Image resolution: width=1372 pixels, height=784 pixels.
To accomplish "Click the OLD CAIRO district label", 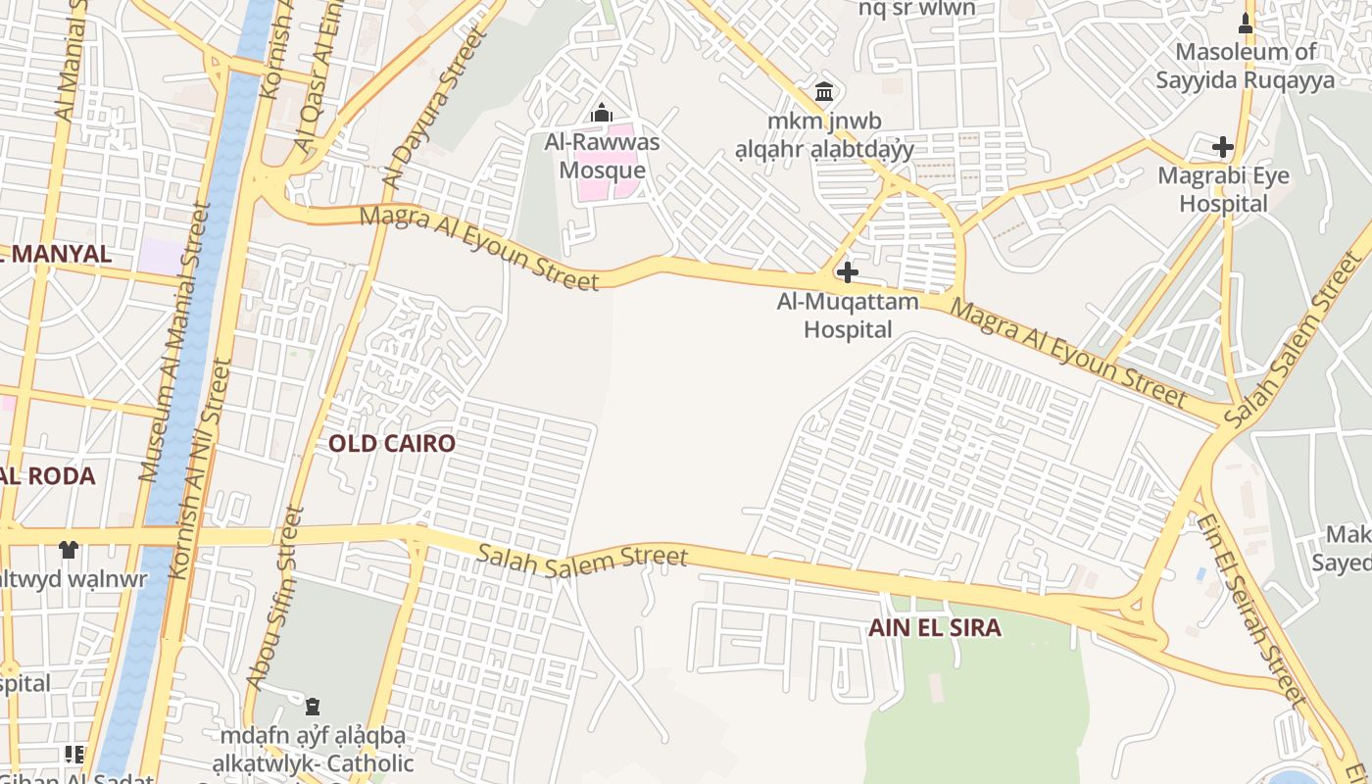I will point(392,443).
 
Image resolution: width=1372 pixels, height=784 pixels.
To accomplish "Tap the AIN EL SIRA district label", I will point(935,628).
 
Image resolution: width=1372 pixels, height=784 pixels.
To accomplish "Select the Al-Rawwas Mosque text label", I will point(602,156).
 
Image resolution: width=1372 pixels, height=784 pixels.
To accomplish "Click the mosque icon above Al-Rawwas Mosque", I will point(602,114).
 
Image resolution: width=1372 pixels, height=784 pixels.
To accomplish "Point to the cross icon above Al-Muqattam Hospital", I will point(848,272).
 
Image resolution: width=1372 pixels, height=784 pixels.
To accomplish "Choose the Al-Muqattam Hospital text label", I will point(848,315).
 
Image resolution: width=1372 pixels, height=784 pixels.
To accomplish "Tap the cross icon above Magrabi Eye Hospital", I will point(1222,148).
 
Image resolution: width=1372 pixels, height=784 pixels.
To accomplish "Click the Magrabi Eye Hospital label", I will point(1223,189).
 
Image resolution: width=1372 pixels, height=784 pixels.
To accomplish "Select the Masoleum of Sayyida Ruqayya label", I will point(1246,66).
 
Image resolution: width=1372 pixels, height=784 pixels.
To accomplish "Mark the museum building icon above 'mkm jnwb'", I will point(824,92).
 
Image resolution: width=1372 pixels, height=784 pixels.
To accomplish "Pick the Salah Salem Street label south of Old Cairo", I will point(582,555).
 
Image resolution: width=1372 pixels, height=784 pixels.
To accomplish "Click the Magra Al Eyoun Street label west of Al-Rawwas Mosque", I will point(479,247).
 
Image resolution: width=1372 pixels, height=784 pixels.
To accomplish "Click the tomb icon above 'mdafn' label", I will point(313,706).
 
